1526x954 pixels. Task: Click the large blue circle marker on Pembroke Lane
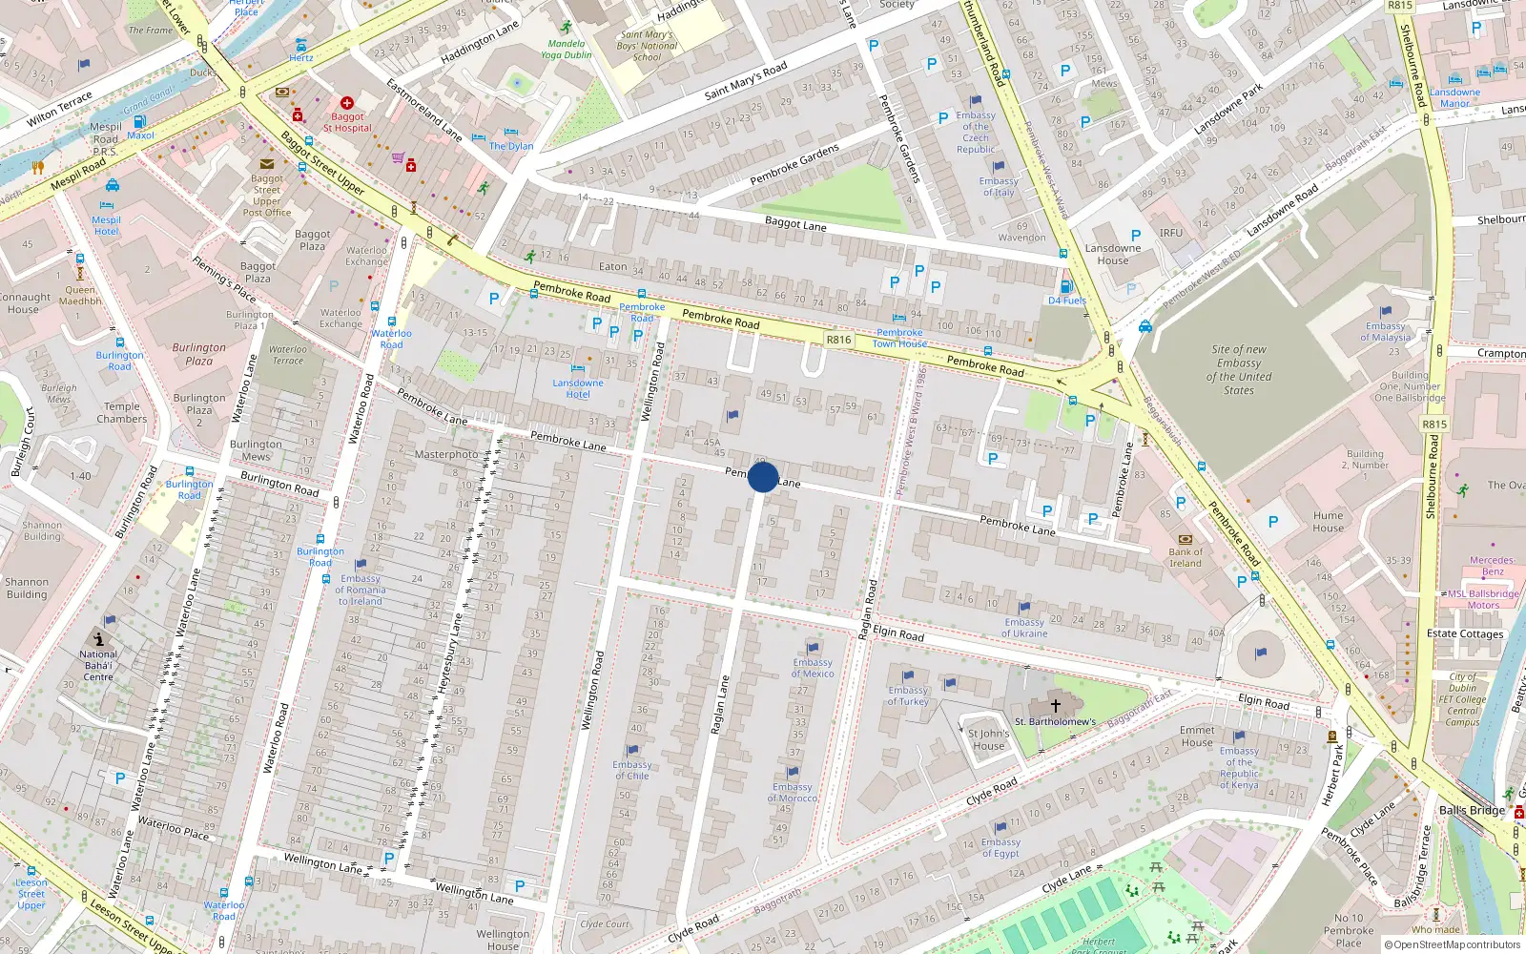763,477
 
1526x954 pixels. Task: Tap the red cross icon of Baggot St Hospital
347,103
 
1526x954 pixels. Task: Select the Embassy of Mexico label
813,668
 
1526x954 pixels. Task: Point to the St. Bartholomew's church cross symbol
1056,706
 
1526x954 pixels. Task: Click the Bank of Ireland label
1186,557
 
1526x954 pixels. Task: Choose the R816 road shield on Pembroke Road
838,340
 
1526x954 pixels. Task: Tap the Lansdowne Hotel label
578,388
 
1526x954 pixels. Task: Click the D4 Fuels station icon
1066,286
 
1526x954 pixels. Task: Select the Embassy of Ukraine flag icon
1024,607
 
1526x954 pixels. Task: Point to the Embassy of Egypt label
1000,847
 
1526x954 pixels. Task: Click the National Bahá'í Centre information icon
98,639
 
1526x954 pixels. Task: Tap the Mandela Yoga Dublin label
567,49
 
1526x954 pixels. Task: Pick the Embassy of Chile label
631,770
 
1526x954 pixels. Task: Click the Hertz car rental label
301,57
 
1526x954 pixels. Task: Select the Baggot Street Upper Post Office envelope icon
267,164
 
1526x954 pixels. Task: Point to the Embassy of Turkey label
908,695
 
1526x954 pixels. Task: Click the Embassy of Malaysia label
1385,331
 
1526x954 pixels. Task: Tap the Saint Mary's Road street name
746,81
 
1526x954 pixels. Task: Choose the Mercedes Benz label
1492,566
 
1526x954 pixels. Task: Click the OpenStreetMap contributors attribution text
1456,945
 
